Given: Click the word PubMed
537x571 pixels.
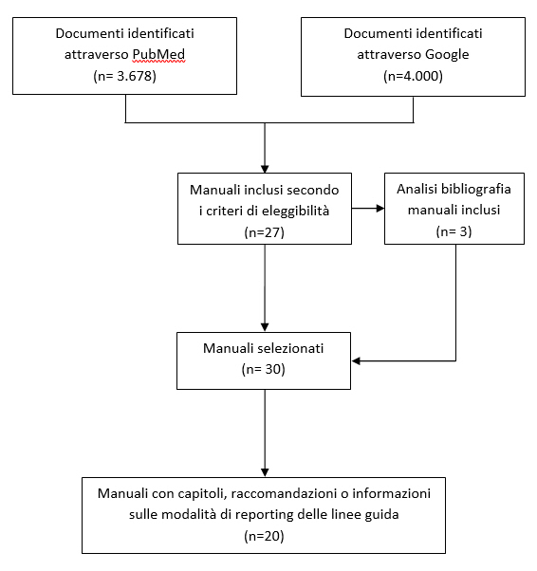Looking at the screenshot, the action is [x=158, y=54].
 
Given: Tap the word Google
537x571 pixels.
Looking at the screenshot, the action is [x=447, y=55].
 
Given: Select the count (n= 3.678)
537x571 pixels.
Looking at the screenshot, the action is [x=124, y=76].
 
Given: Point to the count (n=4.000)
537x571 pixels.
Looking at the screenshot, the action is [x=413, y=76].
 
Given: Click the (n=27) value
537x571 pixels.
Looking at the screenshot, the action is [x=264, y=232].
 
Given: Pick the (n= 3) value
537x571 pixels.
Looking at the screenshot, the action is [x=454, y=231].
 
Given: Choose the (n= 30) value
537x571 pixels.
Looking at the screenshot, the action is [x=263, y=369].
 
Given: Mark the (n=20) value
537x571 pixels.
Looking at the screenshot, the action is [x=264, y=536].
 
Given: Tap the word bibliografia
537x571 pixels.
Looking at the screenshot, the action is [x=475, y=189].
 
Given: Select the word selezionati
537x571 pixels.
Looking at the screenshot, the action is [x=293, y=348].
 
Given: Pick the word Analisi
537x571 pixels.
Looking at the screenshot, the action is [x=417, y=189].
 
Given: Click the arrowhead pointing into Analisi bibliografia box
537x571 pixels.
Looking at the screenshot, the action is [x=380, y=209].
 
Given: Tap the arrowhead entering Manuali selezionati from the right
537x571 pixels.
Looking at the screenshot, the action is [x=357, y=360].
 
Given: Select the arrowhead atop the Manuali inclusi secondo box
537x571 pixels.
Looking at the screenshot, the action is [x=265, y=169].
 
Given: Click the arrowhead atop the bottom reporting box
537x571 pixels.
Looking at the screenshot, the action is [x=265, y=472].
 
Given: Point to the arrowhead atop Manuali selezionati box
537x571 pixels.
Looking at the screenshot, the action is [x=265, y=327].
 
